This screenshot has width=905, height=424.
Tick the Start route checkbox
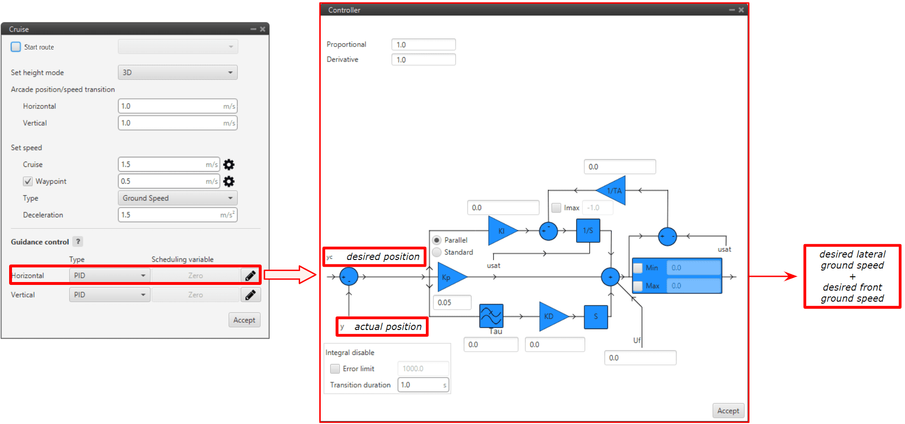pos(16,47)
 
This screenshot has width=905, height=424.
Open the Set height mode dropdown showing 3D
pos(178,72)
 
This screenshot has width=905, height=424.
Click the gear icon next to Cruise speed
pos(229,165)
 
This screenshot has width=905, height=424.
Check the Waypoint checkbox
pos(28,181)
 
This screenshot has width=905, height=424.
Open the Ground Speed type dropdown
pos(178,198)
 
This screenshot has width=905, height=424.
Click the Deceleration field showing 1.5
pos(178,215)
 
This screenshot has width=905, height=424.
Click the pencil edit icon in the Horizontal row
pos(250,275)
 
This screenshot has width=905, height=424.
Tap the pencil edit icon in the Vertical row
pos(250,294)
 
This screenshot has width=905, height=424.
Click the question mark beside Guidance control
pos(78,242)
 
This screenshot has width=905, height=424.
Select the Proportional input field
pos(423,45)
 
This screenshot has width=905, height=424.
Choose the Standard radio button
pos(437,252)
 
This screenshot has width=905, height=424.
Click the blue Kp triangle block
pos(449,277)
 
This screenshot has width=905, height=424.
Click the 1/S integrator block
pos(588,231)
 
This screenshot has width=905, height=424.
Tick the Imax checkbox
pos(556,208)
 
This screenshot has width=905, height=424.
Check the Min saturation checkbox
pos(638,268)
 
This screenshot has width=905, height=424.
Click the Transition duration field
pos(422,385)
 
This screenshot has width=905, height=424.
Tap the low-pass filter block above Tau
pos(491,316)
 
